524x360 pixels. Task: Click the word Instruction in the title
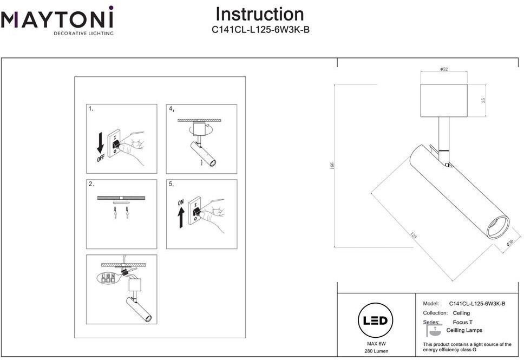tap(260, 14)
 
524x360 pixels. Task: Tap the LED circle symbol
tap(375, 320)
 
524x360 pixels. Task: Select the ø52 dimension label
tap(443, 69)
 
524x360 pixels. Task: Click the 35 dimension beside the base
tap(483, 100)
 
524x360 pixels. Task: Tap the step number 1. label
tap(91, 109)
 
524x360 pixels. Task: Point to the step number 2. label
tap(91, 184)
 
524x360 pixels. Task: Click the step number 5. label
tap(171, 184)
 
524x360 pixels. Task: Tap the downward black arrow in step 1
tap(100, 143)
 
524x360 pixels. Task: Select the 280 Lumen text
tap(375, 351)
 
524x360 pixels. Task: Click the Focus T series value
tap(463, 322)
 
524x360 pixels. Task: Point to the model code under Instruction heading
tap(260, 30)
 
